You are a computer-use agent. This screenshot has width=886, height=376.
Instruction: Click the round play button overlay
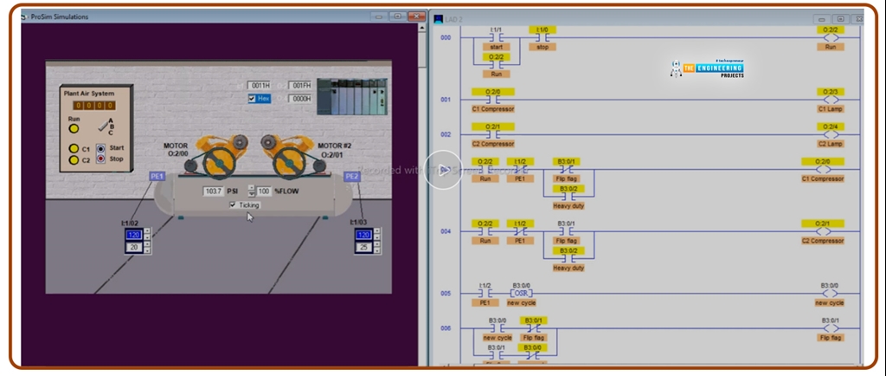tap(444, 170)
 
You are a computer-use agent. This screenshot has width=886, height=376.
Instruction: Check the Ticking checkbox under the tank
tap(232, 204)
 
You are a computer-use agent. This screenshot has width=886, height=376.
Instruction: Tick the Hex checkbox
tap(253, 99)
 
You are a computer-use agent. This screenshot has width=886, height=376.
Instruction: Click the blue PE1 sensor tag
tap(157, 176)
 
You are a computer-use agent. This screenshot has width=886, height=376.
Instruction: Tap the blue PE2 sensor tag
tap(351, 176)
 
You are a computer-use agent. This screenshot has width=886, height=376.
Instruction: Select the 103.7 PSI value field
tap(213, 190)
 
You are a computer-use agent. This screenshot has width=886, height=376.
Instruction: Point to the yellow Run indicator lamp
tap(74, 128)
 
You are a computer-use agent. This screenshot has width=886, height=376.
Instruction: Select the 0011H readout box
tap(260, 86)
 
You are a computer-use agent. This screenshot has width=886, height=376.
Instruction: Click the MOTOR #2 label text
tap(334, 146)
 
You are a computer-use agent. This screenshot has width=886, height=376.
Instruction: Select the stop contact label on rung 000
tap(543, 47)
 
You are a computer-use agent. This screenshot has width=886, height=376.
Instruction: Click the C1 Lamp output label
tap(830, 108)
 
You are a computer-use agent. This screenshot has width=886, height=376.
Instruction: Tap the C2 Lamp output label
tap(830, 144)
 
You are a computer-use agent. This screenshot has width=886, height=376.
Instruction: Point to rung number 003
tap(446, 171)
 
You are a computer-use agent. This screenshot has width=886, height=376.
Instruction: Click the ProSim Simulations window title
tap(60, 16)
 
